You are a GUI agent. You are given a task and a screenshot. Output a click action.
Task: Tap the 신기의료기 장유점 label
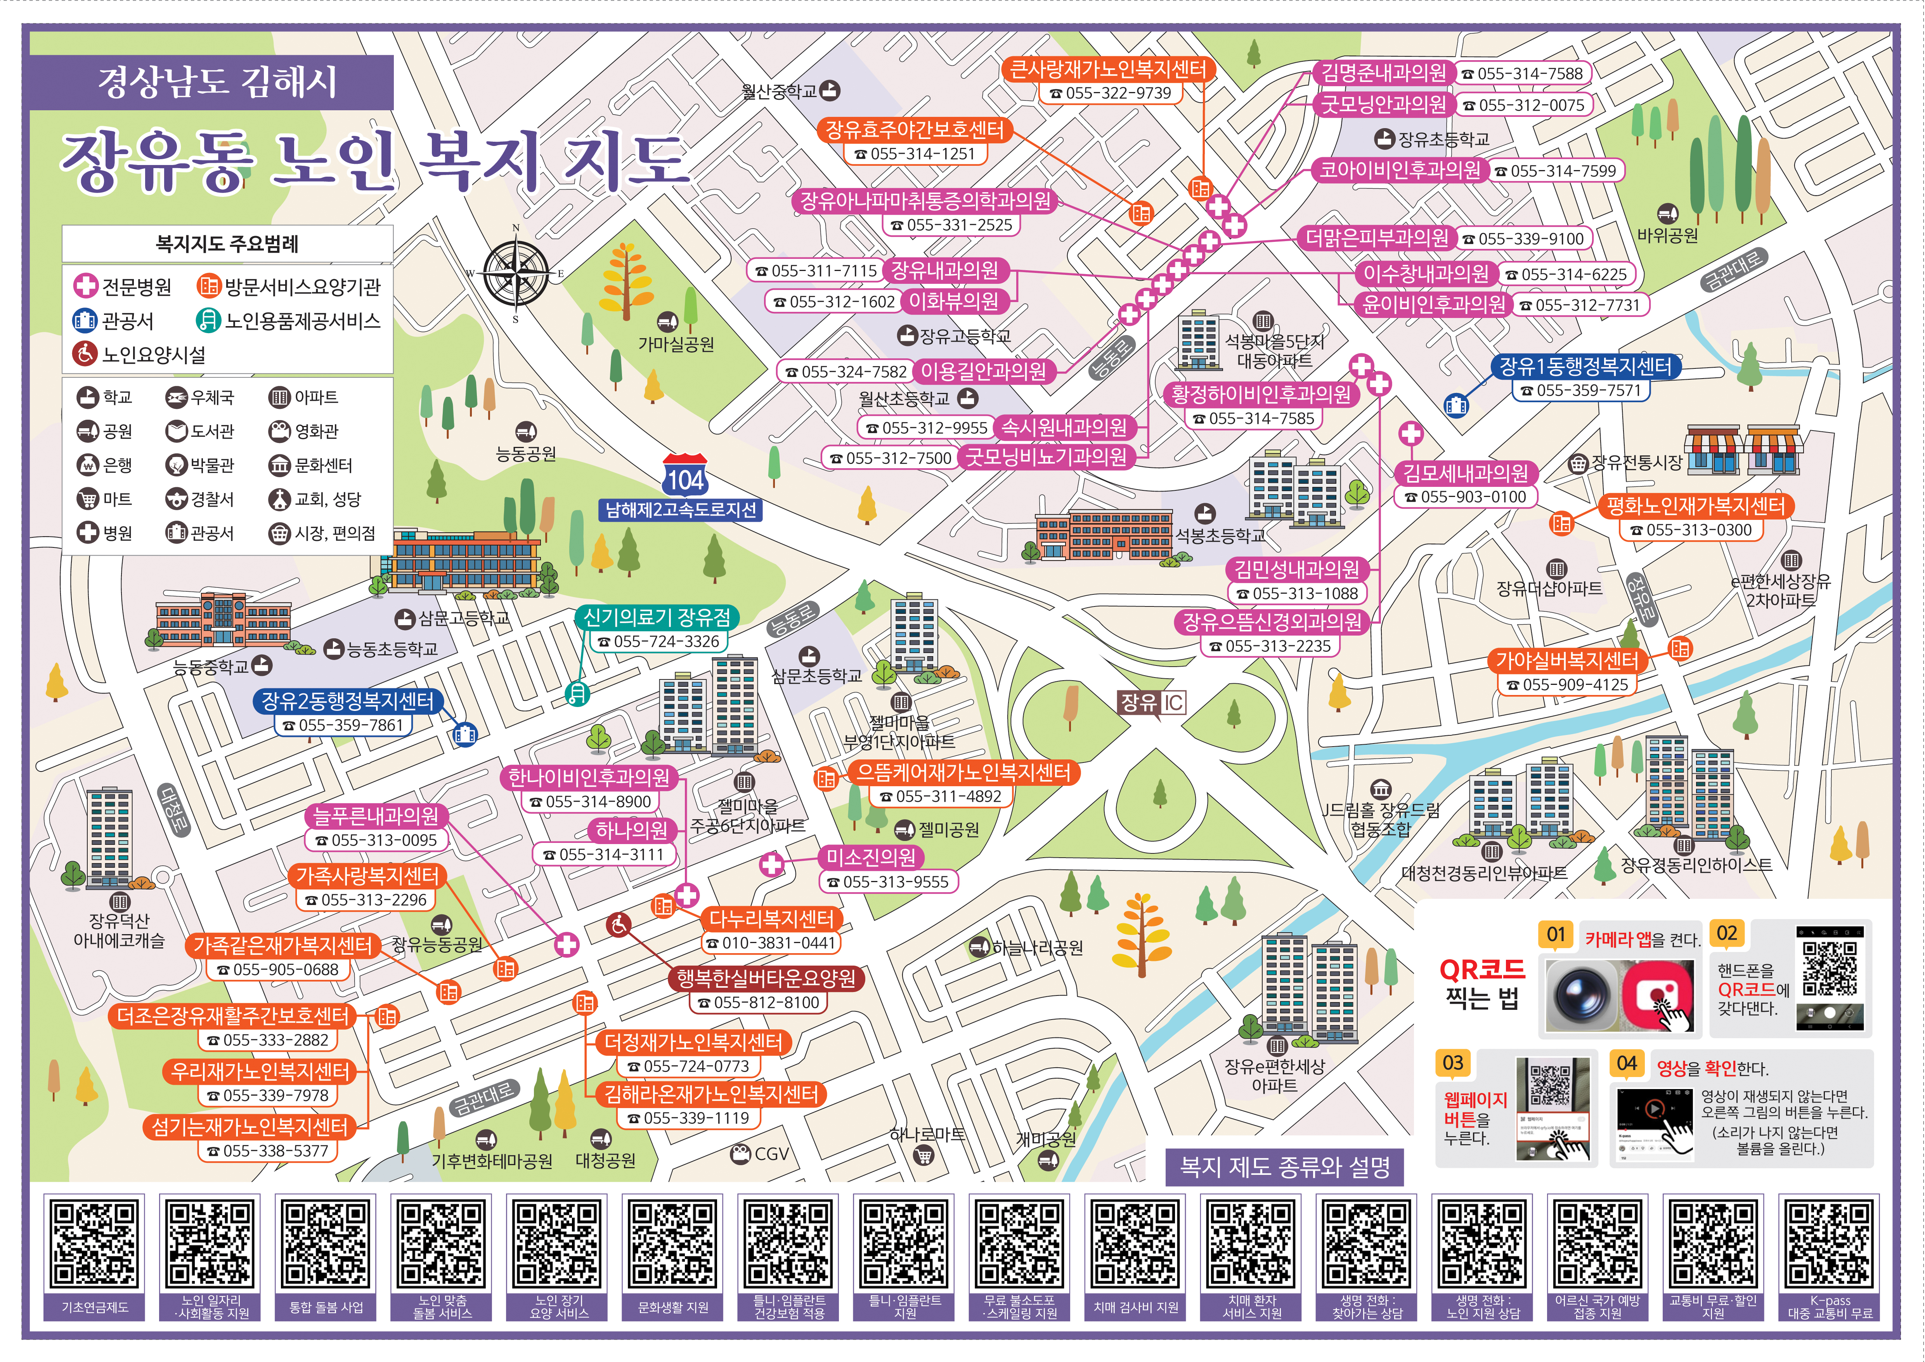click(x=657, y=618)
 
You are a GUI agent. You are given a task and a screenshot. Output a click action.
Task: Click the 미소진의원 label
click(x=871, y=857)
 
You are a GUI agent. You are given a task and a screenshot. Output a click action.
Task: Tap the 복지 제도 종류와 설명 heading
click(x=1284, y=1167)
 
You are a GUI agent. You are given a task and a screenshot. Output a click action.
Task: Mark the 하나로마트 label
click(x=927, y=1135)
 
